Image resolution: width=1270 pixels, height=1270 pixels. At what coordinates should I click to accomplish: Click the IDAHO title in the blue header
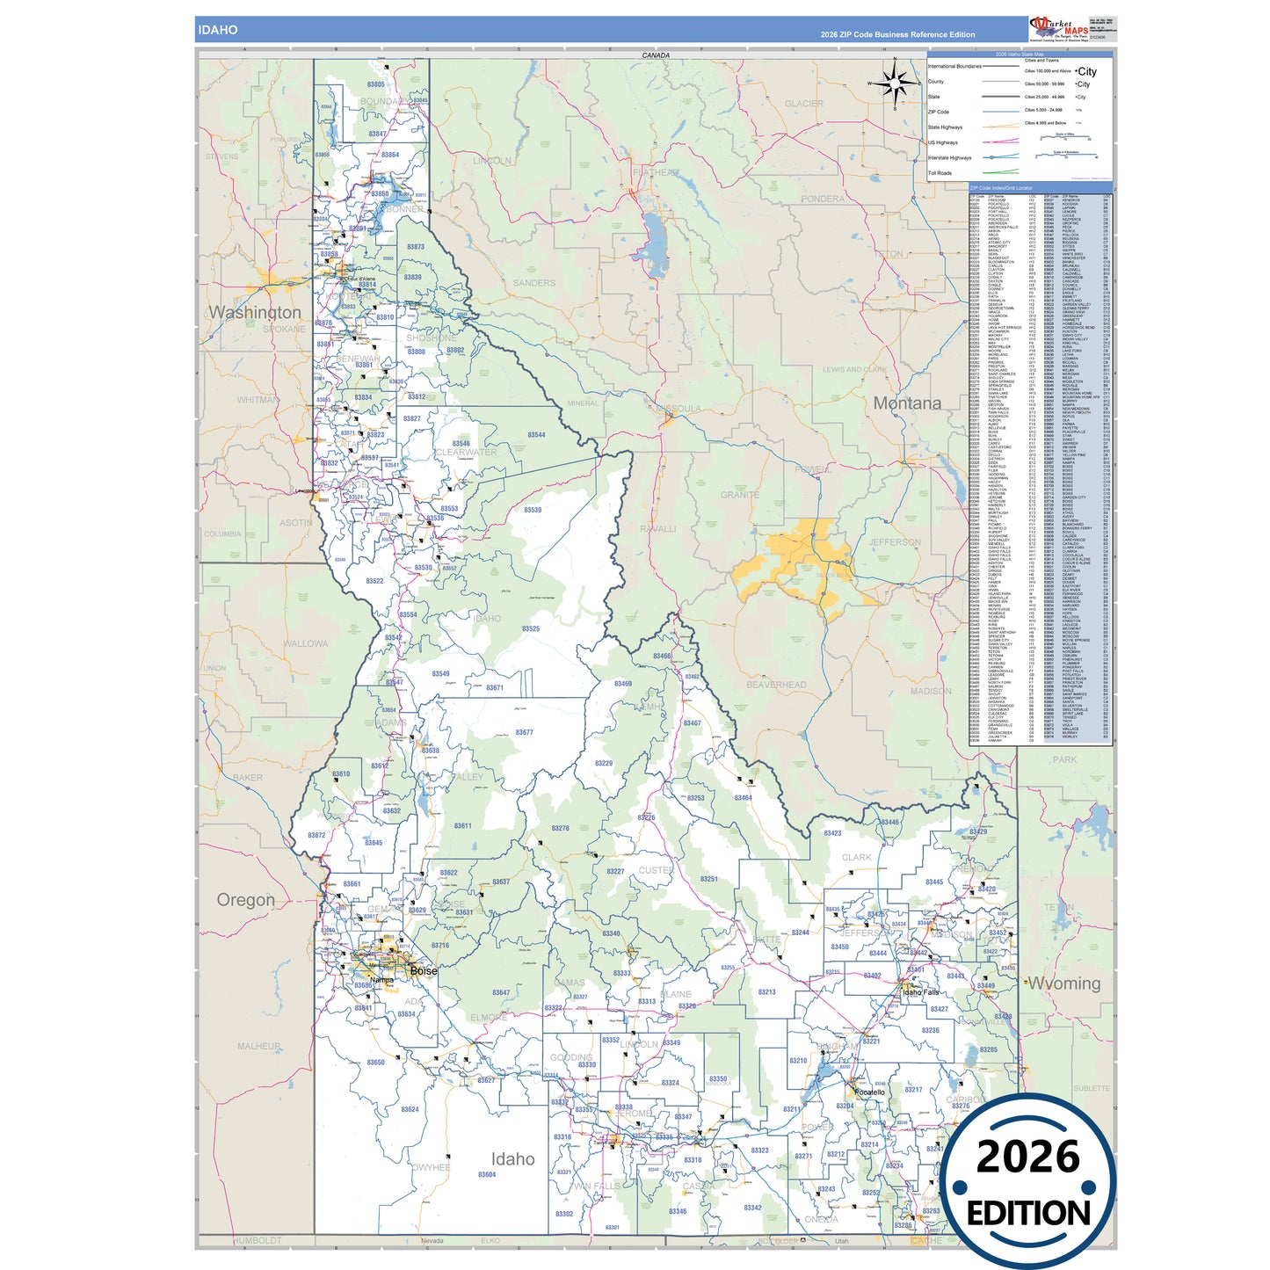217,30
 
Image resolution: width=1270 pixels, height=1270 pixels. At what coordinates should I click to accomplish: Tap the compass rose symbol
895,83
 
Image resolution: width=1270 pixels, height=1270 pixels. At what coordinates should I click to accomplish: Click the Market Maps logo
1058,28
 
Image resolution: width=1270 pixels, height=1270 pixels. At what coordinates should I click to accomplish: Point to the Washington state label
255,313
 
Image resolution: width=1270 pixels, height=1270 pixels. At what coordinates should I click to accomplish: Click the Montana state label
907,403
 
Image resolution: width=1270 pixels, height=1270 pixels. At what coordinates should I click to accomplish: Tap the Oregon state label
246,900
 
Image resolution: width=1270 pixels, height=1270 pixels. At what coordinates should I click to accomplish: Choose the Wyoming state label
1064,983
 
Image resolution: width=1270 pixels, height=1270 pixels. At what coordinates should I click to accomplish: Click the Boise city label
424,971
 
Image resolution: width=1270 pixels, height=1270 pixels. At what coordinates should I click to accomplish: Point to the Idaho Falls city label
919,992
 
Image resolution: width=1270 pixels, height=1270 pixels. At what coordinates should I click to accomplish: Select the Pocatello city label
875,1092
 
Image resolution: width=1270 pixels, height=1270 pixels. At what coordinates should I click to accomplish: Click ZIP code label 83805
375,84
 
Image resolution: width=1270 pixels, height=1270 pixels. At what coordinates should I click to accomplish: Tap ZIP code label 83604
487,1174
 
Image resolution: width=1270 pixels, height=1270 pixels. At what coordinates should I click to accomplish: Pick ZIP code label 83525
531,628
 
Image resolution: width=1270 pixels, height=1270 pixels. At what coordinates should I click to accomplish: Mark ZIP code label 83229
604,764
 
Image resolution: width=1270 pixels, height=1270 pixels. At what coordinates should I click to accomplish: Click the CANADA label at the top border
656,55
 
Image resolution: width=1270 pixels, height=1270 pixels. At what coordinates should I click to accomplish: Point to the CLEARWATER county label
467,452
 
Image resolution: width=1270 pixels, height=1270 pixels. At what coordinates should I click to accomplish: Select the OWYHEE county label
432,1167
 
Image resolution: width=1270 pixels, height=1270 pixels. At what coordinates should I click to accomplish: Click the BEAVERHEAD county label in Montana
776,685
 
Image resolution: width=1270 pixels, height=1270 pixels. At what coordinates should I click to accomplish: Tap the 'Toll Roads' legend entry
940,173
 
